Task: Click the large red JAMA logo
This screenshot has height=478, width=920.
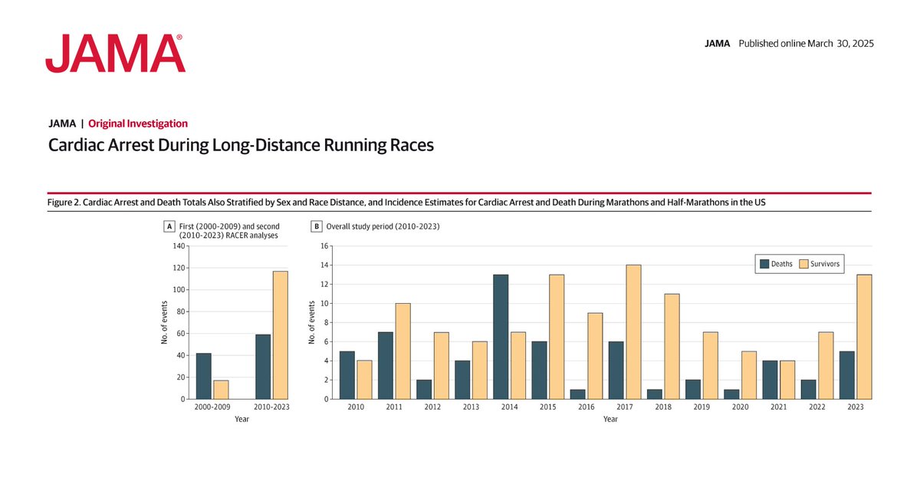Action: pos(115,54)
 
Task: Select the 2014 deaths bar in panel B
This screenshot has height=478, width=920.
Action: pos(500,337)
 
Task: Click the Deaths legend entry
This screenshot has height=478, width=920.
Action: pos(776,264)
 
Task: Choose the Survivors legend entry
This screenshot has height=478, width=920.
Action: pos(820,264)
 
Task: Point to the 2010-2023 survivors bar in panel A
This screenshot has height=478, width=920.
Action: pos(281,335)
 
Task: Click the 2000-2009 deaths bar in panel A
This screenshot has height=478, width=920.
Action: pos(203,376)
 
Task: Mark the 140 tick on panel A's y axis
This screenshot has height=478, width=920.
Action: pos(177,246)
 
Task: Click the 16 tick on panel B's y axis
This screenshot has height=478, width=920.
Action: pos(324,246)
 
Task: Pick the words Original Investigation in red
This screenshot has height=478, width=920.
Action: pos(138,124)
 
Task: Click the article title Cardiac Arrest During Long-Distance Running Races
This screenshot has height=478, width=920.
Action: pos(241,145)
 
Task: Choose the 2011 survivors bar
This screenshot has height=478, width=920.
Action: pos(402,351)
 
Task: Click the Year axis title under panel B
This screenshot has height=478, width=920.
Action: pos(609,420)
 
